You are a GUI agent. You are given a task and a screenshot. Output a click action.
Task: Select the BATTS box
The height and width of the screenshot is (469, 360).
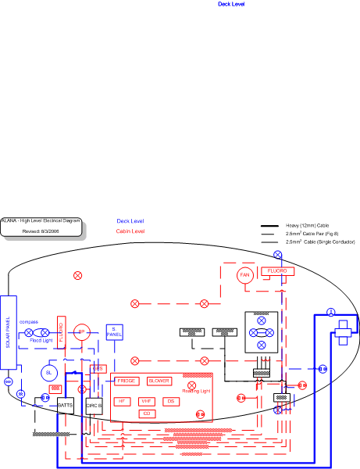coord(66,406)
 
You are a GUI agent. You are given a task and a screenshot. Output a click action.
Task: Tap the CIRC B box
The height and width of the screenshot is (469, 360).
coord(94,406)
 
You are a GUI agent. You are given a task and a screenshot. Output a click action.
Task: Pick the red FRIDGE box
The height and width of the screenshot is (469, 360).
coord(127,381)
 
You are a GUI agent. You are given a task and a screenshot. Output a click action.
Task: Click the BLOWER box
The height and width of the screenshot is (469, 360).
coord(159,381)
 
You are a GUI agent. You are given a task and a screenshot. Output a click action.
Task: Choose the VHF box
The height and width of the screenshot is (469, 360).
coord(146,401)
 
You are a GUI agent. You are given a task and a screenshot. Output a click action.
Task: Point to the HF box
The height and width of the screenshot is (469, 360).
coord(121,401)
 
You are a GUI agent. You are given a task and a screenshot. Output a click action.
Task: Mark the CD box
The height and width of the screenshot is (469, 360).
coord(146,413)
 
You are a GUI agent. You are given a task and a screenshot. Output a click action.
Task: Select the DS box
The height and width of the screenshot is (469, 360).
coord(171,401)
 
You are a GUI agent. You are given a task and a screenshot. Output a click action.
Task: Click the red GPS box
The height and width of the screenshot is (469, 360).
coord(98,368)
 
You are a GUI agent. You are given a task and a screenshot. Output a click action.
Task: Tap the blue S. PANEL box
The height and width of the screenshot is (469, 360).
coord(114,332)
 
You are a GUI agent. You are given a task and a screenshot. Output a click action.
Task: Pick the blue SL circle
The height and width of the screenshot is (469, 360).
coord(48,374)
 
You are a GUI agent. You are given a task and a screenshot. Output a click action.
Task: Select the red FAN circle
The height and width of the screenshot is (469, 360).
coord(244,275)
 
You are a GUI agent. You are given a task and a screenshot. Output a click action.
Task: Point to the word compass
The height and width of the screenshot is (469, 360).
coord(28,321)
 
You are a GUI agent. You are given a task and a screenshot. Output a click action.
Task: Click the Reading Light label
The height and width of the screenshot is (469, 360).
coord(196,391)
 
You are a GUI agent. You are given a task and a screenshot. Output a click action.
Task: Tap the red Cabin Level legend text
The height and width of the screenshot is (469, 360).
coord(130,231)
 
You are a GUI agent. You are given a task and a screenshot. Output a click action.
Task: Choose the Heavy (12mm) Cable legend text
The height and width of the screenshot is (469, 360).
coord(307,225)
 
